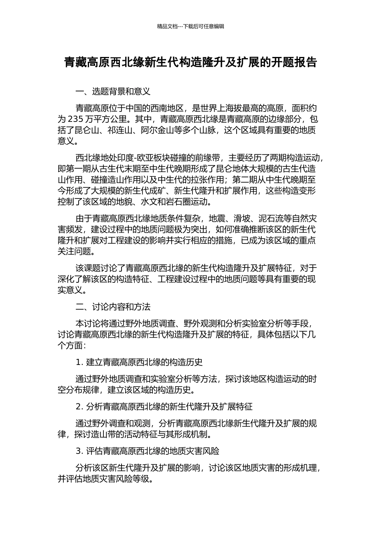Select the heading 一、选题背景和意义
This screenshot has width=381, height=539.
(x=113, y=91)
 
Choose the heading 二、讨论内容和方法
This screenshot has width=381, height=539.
(x=113, y=307)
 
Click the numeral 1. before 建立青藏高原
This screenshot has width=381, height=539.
(x=79, y=363)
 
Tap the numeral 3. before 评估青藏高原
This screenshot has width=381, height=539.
(x=79, y=451)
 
